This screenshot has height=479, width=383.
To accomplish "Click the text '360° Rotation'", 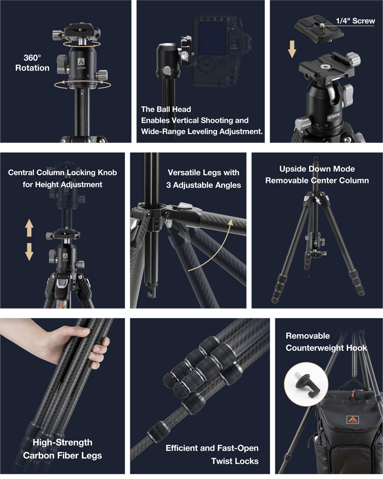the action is pos(33,63).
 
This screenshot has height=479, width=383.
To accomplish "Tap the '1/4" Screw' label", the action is pos(355,21).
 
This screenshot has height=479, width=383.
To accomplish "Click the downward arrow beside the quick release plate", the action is pos(292,49).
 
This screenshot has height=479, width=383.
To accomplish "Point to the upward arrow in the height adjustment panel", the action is pos(29,228).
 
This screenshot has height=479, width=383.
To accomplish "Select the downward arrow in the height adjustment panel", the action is pos(29,252).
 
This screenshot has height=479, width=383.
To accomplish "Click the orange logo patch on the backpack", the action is pos(352,420).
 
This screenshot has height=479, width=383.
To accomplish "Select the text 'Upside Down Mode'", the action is pos(317,169).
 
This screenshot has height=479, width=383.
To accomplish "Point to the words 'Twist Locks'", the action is pos(235,461).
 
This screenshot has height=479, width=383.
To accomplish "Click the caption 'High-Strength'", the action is pos(62,442).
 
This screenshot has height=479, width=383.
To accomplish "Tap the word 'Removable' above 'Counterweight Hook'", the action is pos(307,336).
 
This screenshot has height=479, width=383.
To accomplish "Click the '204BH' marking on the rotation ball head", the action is pos(81,68).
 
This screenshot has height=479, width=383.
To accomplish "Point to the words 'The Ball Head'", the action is pos(166,110).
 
